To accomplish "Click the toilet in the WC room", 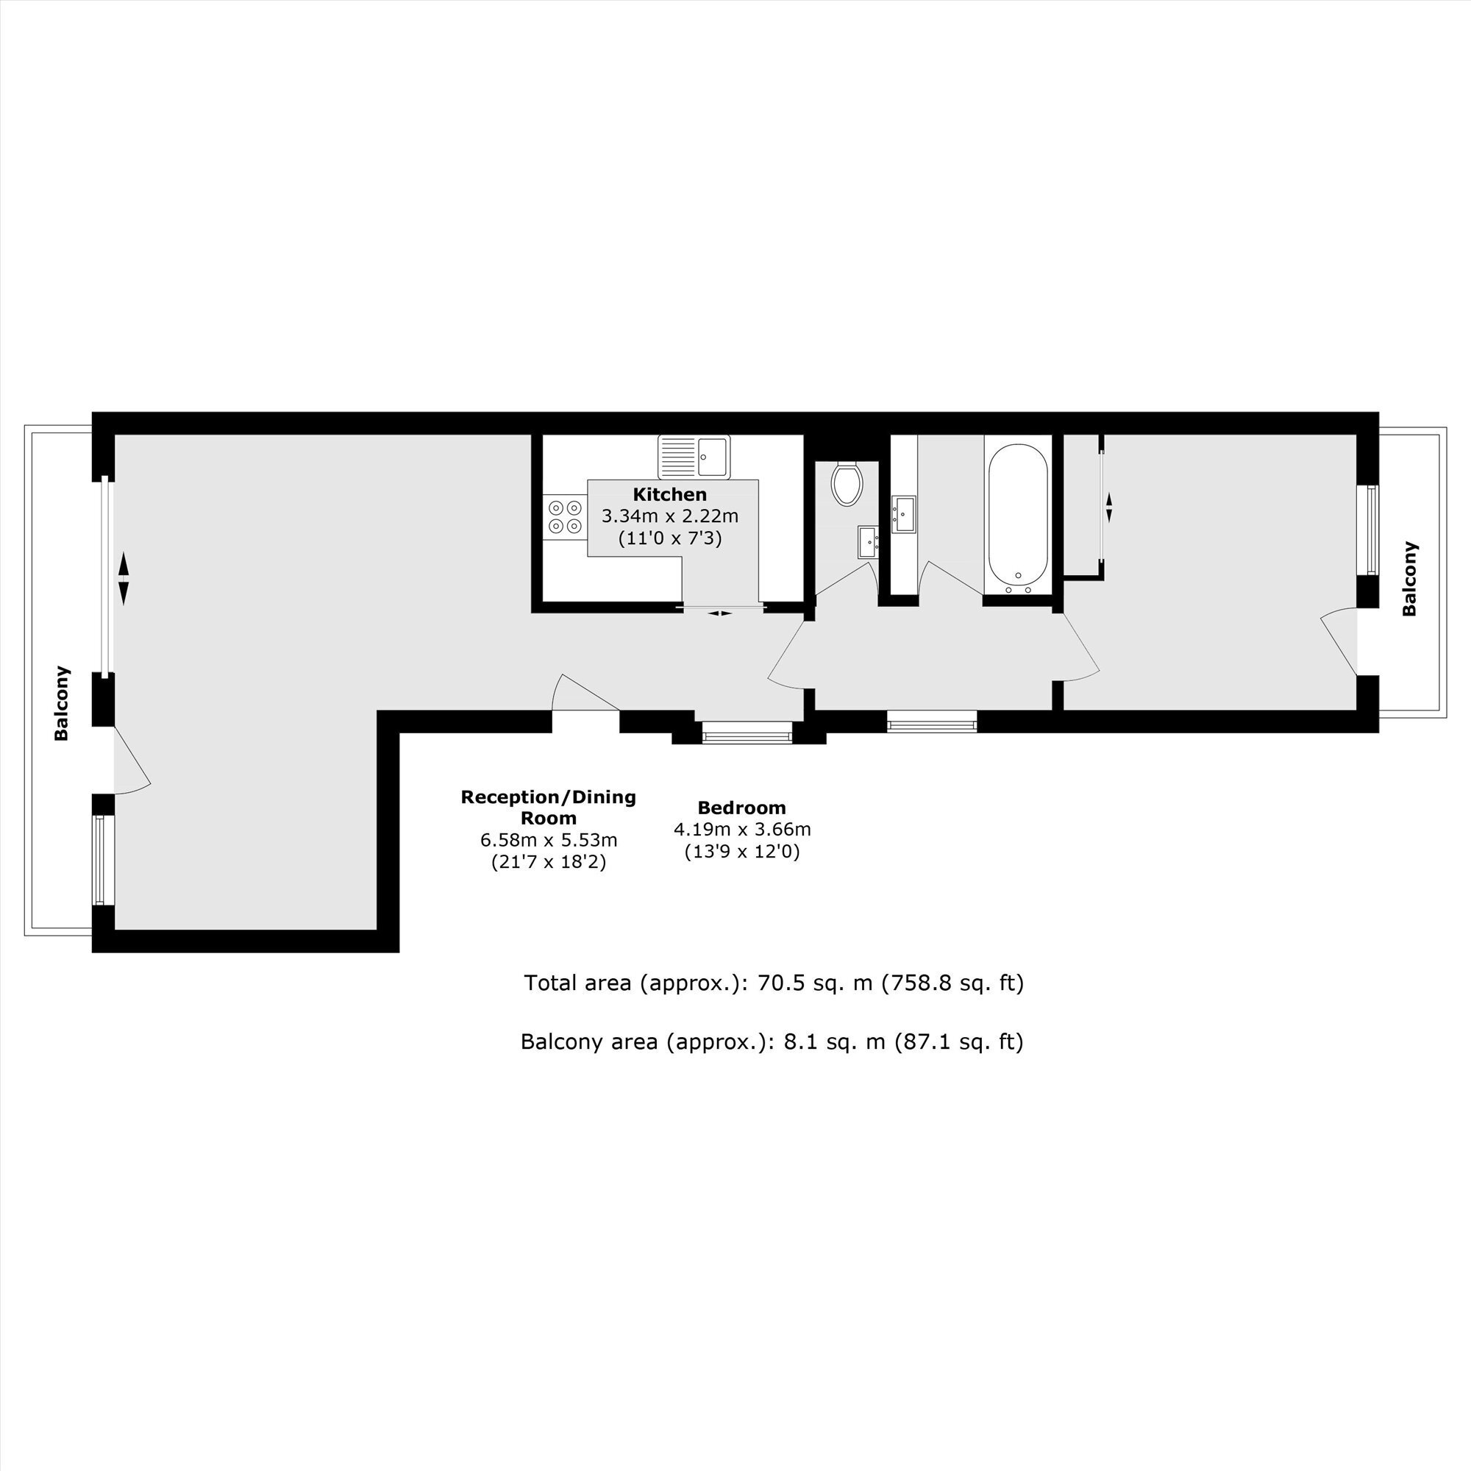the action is [x=847, y=484].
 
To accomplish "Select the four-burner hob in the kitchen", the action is [x=565, y=516].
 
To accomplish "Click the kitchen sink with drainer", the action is [x=694, y=455].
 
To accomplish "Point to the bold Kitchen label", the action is [x=670, y=495].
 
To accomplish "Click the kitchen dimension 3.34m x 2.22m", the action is [x=670, y=516].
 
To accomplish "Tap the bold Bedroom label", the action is [x=741, y=808].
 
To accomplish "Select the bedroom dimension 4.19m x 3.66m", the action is [x=742, y=830].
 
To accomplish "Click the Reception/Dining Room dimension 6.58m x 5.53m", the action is [x=548, y=841].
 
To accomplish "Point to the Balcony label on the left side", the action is [x=62, y=704].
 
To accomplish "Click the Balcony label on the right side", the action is [x=1409, y=579].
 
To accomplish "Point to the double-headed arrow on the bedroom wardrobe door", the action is [x=1108, y=507].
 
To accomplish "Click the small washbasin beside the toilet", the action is [x=869, y=542].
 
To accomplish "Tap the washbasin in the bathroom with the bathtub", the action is [x=904, y=515].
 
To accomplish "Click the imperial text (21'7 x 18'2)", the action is [x=548, y=863].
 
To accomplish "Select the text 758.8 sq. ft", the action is [x=952, y=983].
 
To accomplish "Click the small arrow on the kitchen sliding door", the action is [x=720, y=613].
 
